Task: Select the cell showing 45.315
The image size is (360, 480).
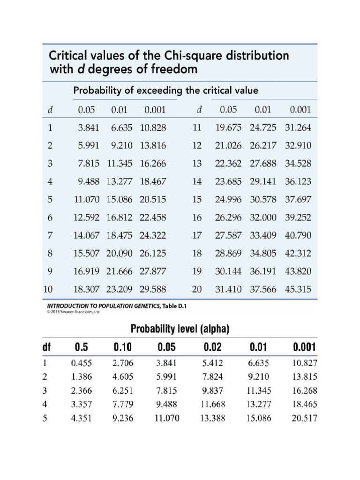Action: coord(298,289)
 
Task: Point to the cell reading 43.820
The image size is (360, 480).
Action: coord(298,271)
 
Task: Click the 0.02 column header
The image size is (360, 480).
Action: coord(212,348)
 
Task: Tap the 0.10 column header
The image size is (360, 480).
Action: coord(123,348)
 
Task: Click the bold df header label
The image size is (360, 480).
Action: coord(45,348)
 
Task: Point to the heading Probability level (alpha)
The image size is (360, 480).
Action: coord(180,330)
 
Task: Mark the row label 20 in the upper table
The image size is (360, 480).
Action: coord(197,290)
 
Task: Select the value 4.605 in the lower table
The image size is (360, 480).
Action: coord(123,376)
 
